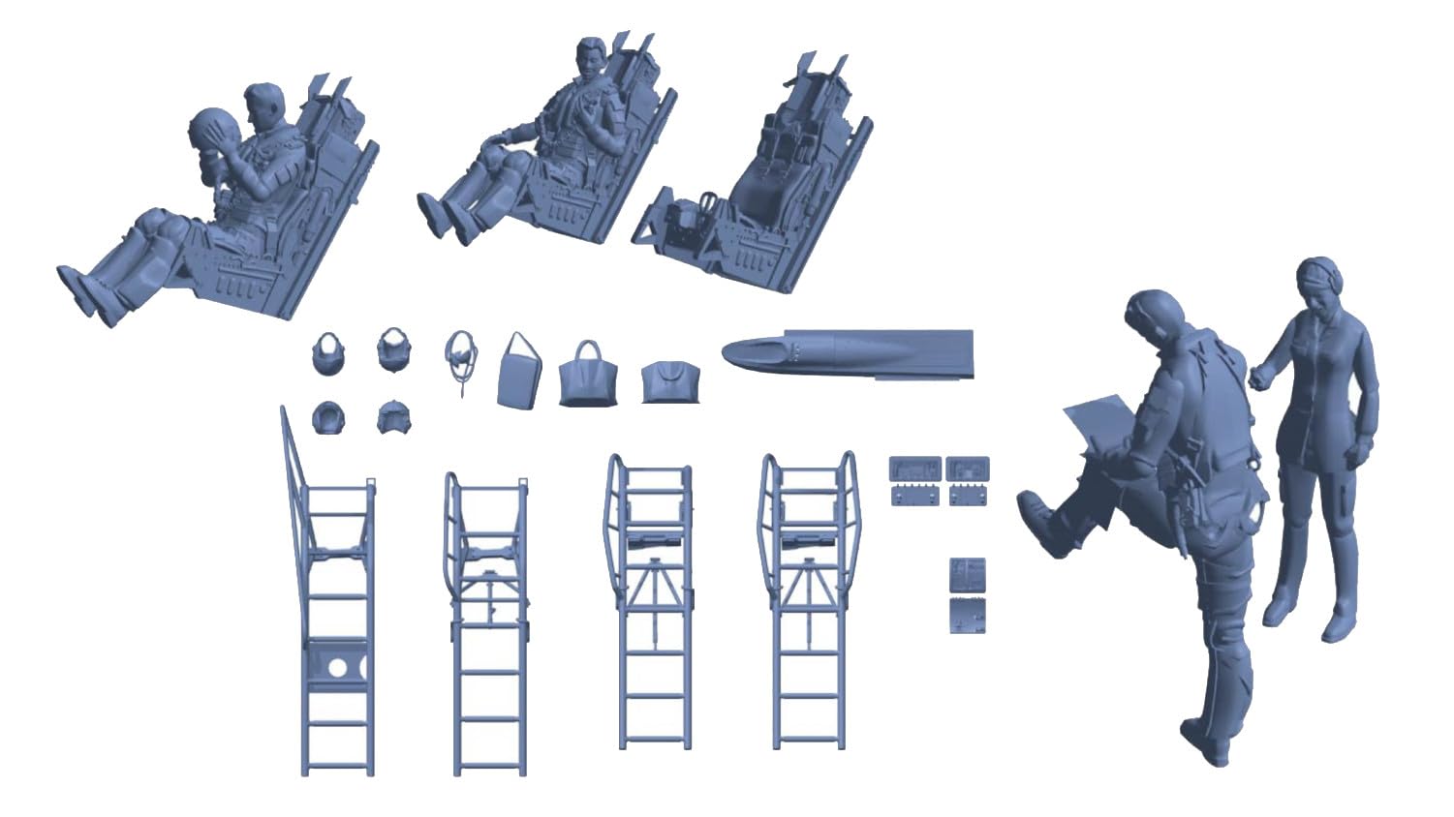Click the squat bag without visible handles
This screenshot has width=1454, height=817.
669,383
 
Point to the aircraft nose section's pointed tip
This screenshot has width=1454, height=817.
728,352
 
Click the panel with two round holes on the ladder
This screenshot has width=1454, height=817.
337,667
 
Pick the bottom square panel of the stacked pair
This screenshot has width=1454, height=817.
968,615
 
